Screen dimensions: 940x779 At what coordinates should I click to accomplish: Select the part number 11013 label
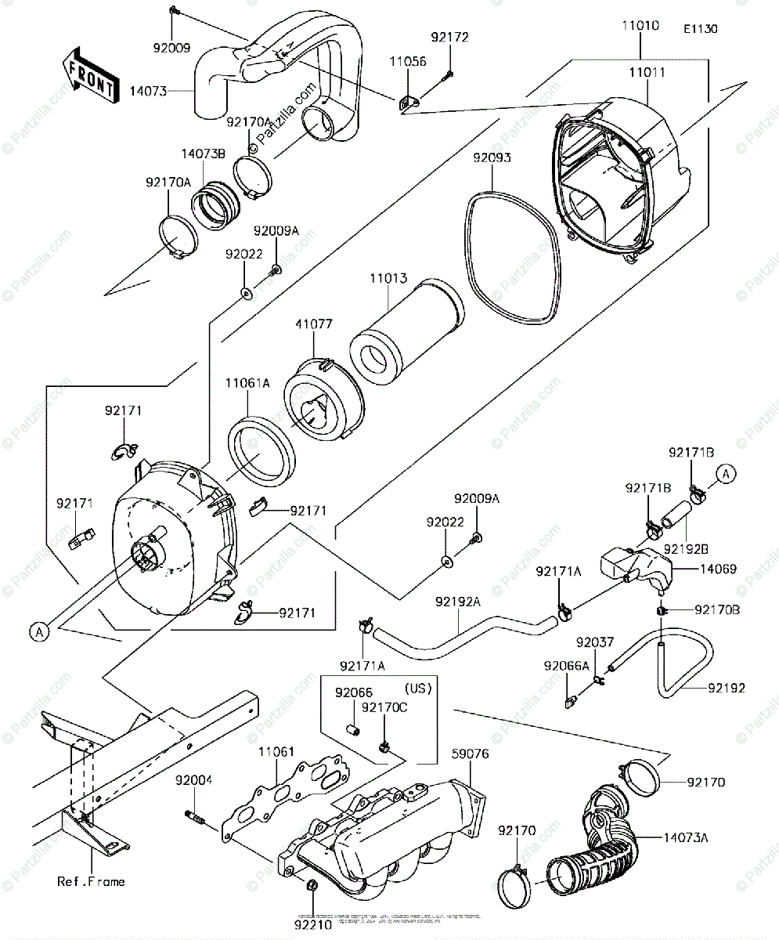tap(389, 279)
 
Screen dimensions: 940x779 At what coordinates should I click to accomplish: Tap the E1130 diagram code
tap(700, 29)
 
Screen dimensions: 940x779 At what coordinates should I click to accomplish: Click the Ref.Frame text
tap(90, 881)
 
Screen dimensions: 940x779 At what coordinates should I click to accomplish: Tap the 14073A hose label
tap(688, 838)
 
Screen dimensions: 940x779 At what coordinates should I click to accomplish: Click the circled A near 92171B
tap(726, 473)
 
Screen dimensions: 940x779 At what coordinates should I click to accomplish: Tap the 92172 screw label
tap(449, 37)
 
